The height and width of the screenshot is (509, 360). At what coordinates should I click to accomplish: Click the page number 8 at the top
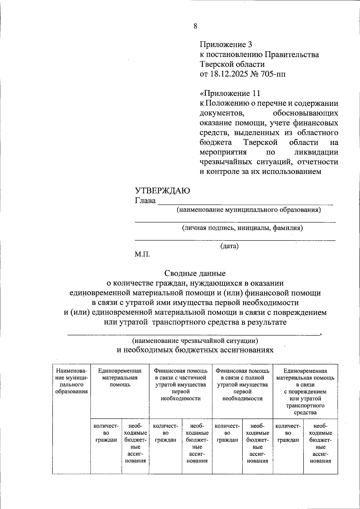click(195, 26)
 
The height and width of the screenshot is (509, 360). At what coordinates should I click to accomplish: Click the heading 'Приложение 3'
click(226, 45)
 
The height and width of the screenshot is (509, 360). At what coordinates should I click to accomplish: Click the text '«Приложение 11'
click(230, 93)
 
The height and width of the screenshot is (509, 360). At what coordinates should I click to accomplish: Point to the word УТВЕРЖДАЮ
click(162, 191)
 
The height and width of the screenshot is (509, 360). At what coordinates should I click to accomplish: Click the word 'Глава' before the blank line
click(145, 201)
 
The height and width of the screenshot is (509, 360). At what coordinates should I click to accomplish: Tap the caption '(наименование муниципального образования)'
click(248, 210)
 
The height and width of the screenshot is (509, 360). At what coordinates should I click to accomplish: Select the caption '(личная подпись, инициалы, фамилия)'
click(242, 228)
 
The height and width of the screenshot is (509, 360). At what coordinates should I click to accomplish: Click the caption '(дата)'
click(229, 246)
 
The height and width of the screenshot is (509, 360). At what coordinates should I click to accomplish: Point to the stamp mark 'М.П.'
click(142, 255)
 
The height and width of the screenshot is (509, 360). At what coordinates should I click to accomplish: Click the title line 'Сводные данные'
click(195, 273)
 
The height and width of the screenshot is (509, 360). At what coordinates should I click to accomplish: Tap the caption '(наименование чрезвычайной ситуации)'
click(195, 341)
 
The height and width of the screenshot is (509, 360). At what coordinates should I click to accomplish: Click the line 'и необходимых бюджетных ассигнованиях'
click(195, 350)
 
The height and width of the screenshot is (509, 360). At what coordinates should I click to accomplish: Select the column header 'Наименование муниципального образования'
click(71, 381)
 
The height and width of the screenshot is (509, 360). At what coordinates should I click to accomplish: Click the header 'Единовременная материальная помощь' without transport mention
click(120, 378)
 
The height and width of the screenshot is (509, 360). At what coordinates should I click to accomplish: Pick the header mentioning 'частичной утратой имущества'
click(181, 385)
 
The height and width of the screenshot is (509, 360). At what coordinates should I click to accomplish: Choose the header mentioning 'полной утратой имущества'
click(242, 385)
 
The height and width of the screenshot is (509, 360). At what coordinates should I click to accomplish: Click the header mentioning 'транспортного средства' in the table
click(305, 391)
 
